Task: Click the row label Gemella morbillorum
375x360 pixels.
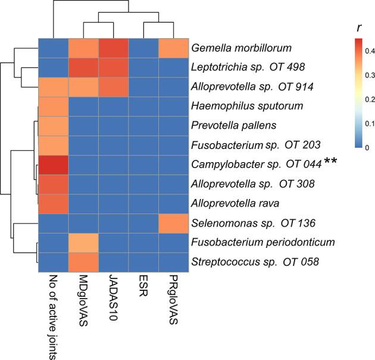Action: tap(236, 47)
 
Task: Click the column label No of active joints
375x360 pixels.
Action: tap(54, 312)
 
